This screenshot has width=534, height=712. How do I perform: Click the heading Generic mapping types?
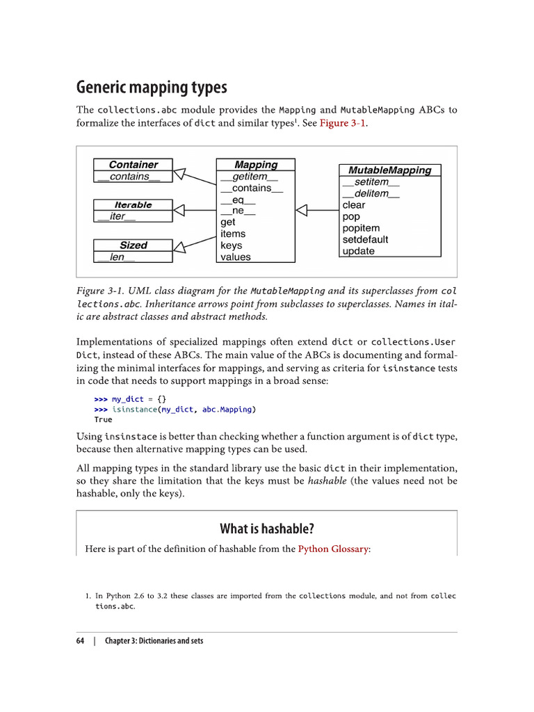[152, 88]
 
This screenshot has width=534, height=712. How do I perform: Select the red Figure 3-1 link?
[343, 123]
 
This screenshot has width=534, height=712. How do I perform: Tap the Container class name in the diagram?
[133, 165]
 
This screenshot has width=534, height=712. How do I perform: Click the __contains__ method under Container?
[129, 177]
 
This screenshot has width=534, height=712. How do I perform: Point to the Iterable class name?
[133, 205]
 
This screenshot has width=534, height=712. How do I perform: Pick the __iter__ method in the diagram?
[116, 216]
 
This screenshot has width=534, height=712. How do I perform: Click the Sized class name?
[133, 245]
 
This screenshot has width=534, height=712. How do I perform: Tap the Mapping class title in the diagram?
[256, 165]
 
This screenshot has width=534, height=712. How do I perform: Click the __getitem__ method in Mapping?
[248, 177]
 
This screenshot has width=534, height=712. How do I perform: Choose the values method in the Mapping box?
[236, 257]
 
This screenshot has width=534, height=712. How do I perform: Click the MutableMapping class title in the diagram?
[389, 170]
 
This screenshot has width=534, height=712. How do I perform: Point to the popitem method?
[361, 228]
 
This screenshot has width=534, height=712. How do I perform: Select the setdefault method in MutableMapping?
[365, 240]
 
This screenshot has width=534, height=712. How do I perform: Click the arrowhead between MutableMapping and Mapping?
[302, 210]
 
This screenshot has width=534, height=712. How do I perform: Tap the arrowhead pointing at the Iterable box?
[179, 210]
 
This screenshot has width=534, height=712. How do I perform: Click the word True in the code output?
[103, 419]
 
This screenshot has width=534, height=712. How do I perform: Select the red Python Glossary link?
[334, 549]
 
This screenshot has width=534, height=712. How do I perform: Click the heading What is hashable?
[267, 528]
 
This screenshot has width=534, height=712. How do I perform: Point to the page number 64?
[81, 640]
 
